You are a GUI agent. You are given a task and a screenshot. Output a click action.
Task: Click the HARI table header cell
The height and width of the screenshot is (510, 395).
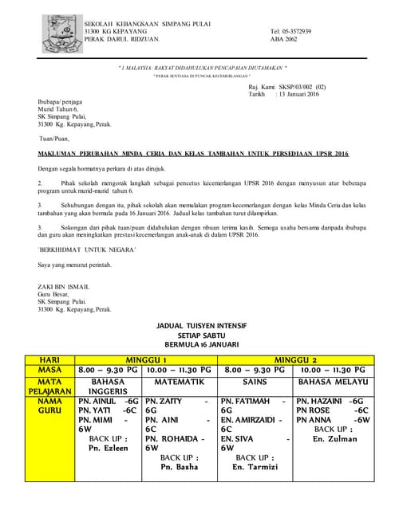point(49,359)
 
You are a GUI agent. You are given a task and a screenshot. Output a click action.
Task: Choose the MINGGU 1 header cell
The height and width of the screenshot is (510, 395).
point(145,359)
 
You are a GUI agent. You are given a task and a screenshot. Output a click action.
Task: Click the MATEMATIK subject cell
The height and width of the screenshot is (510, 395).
point(180,382)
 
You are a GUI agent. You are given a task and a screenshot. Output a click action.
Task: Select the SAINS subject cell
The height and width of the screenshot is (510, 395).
point(255,382)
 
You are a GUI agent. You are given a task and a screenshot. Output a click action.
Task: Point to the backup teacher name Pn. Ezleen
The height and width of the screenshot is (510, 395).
point(107,449)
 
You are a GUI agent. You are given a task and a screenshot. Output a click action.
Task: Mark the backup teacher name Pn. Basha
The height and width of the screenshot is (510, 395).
point(180,467)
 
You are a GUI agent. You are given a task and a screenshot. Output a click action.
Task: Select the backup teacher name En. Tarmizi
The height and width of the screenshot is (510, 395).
point(255,467)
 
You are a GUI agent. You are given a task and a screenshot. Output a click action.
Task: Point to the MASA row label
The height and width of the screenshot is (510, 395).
point(49,370)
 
